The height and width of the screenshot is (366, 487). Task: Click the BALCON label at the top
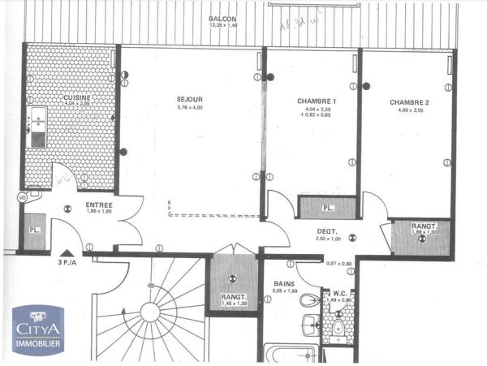point(222,18)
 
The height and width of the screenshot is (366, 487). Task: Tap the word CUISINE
point(78,98)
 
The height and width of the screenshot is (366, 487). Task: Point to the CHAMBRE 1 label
point(317,101)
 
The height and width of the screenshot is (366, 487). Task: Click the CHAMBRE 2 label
point(408,102)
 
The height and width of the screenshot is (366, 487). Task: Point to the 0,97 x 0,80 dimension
point(339,264)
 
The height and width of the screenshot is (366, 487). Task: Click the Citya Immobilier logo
point(38,330)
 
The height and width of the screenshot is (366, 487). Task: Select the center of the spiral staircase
point(150,312)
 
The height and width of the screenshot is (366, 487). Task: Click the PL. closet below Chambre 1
point(327,208)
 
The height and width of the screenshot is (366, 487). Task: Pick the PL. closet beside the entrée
point(33,230)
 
